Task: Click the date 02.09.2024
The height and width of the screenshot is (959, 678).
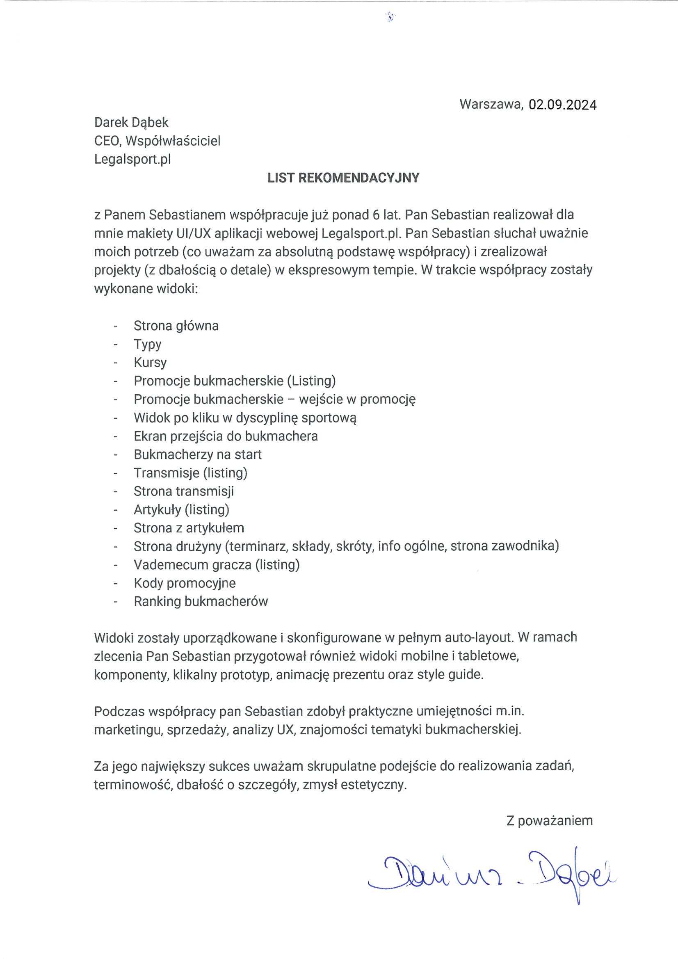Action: tap(562, 105)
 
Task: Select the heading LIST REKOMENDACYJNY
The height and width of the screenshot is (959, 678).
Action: tap(343, 178)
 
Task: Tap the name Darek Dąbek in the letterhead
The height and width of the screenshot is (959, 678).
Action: tap(131, 122)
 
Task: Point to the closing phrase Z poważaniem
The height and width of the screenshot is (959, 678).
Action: tap(549, 821)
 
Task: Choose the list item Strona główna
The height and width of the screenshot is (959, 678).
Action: tap(176, 326)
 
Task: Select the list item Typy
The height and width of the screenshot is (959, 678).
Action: tap(148, 345)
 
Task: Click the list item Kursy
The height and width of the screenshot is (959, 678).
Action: tap(150, 363)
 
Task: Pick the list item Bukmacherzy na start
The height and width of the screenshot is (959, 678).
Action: tap(198, 454)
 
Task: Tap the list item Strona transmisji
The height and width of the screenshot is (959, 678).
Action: tap(184, 491)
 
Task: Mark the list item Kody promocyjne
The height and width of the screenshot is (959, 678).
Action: tap(185, 583)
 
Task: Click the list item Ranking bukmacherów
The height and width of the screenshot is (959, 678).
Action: tap(201, 601)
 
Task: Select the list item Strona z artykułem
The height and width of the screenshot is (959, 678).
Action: tap(189, 528)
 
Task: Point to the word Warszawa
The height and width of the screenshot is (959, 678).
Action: tap(491, 104)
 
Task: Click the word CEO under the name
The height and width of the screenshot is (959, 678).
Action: tap(107, 141)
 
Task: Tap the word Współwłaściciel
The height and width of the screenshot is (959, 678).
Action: tap(173, 141)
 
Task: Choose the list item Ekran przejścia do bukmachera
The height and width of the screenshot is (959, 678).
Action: tap(226, 436)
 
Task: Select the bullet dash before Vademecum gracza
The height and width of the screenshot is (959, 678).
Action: tap(115, 565)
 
